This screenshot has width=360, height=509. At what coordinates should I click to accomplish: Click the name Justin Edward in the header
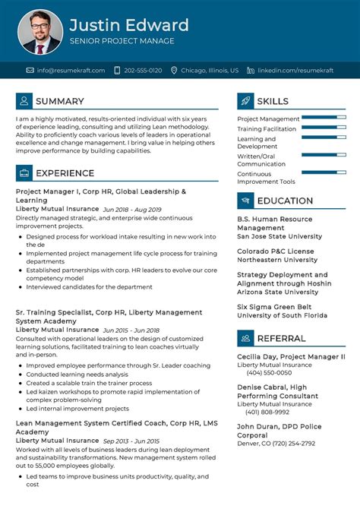(129, 25)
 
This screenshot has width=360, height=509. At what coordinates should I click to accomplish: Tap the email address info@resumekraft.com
(65, 70)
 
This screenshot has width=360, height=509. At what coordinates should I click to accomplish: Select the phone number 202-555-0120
(143, 70)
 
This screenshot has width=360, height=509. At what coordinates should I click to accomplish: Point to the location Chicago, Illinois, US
(210, 70)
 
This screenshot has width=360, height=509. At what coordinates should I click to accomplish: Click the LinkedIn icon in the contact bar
(250, 70)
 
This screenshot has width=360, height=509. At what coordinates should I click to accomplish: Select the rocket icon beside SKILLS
(245, 101)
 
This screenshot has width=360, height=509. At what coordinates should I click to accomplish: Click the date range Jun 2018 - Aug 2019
(132, 209)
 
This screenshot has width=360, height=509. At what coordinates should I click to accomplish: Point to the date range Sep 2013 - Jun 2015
(133, 441)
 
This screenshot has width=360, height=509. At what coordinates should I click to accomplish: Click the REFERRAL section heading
(282, 337)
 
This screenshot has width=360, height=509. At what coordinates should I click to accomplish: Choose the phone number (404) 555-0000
(269, 373)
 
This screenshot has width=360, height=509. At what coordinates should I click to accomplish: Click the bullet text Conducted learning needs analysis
(77, 375)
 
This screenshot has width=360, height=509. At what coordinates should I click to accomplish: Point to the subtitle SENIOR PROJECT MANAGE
(122, 41)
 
